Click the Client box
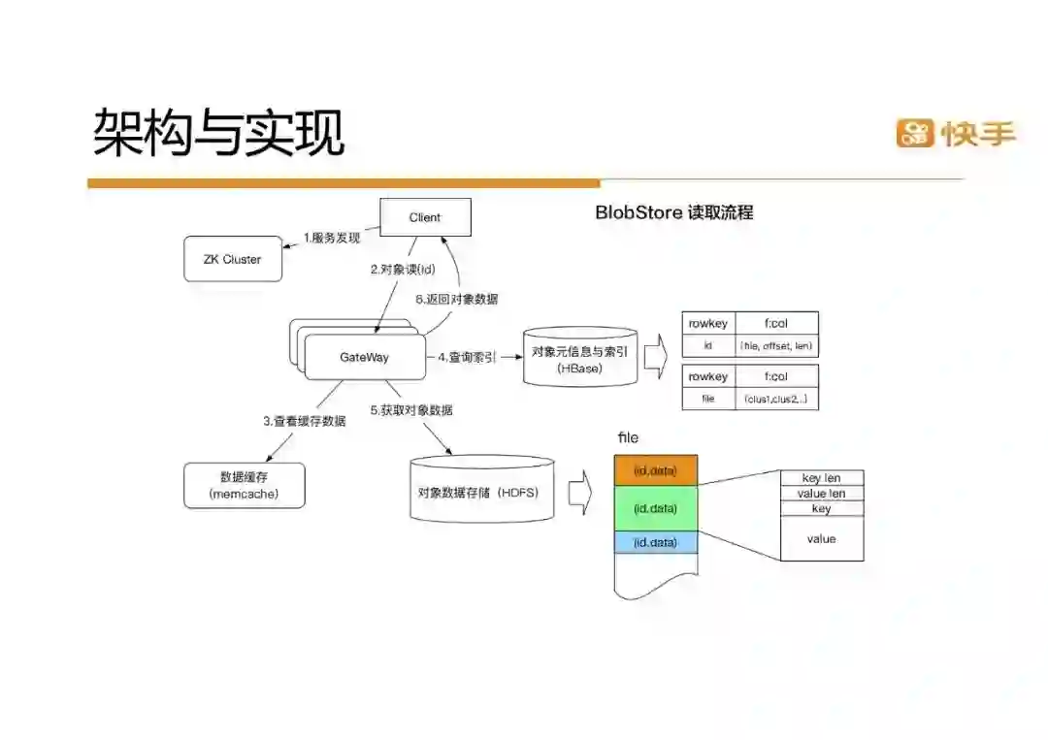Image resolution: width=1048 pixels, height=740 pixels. [x=424, y=217]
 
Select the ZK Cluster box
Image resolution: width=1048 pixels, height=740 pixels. [x=233, y=260]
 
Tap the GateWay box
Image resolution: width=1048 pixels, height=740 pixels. [x=364, y=358]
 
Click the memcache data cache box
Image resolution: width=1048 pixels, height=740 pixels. [x=244, y=485]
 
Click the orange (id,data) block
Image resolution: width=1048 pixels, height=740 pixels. [x=655, y=471]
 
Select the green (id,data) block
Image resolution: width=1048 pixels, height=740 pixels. [x=655, y=508]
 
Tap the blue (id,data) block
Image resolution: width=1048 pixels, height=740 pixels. [x=655, y=543]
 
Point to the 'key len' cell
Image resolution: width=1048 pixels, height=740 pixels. [x=821, y=478]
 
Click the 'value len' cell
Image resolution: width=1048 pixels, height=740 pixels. [x=821, y=494]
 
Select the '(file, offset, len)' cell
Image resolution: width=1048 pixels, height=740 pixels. [x=776, y=345]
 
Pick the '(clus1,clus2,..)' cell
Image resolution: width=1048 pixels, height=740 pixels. [x=776, y=399]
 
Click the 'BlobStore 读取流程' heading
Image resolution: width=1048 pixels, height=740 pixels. [x=673, y=212]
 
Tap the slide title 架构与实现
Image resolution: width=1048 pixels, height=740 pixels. [x=218, y=133]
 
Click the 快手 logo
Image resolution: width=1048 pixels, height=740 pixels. [x=955, y=133]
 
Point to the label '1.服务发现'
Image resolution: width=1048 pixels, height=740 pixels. [x=332, y=238]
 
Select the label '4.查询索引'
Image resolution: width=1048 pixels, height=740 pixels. [x=466, y=358]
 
